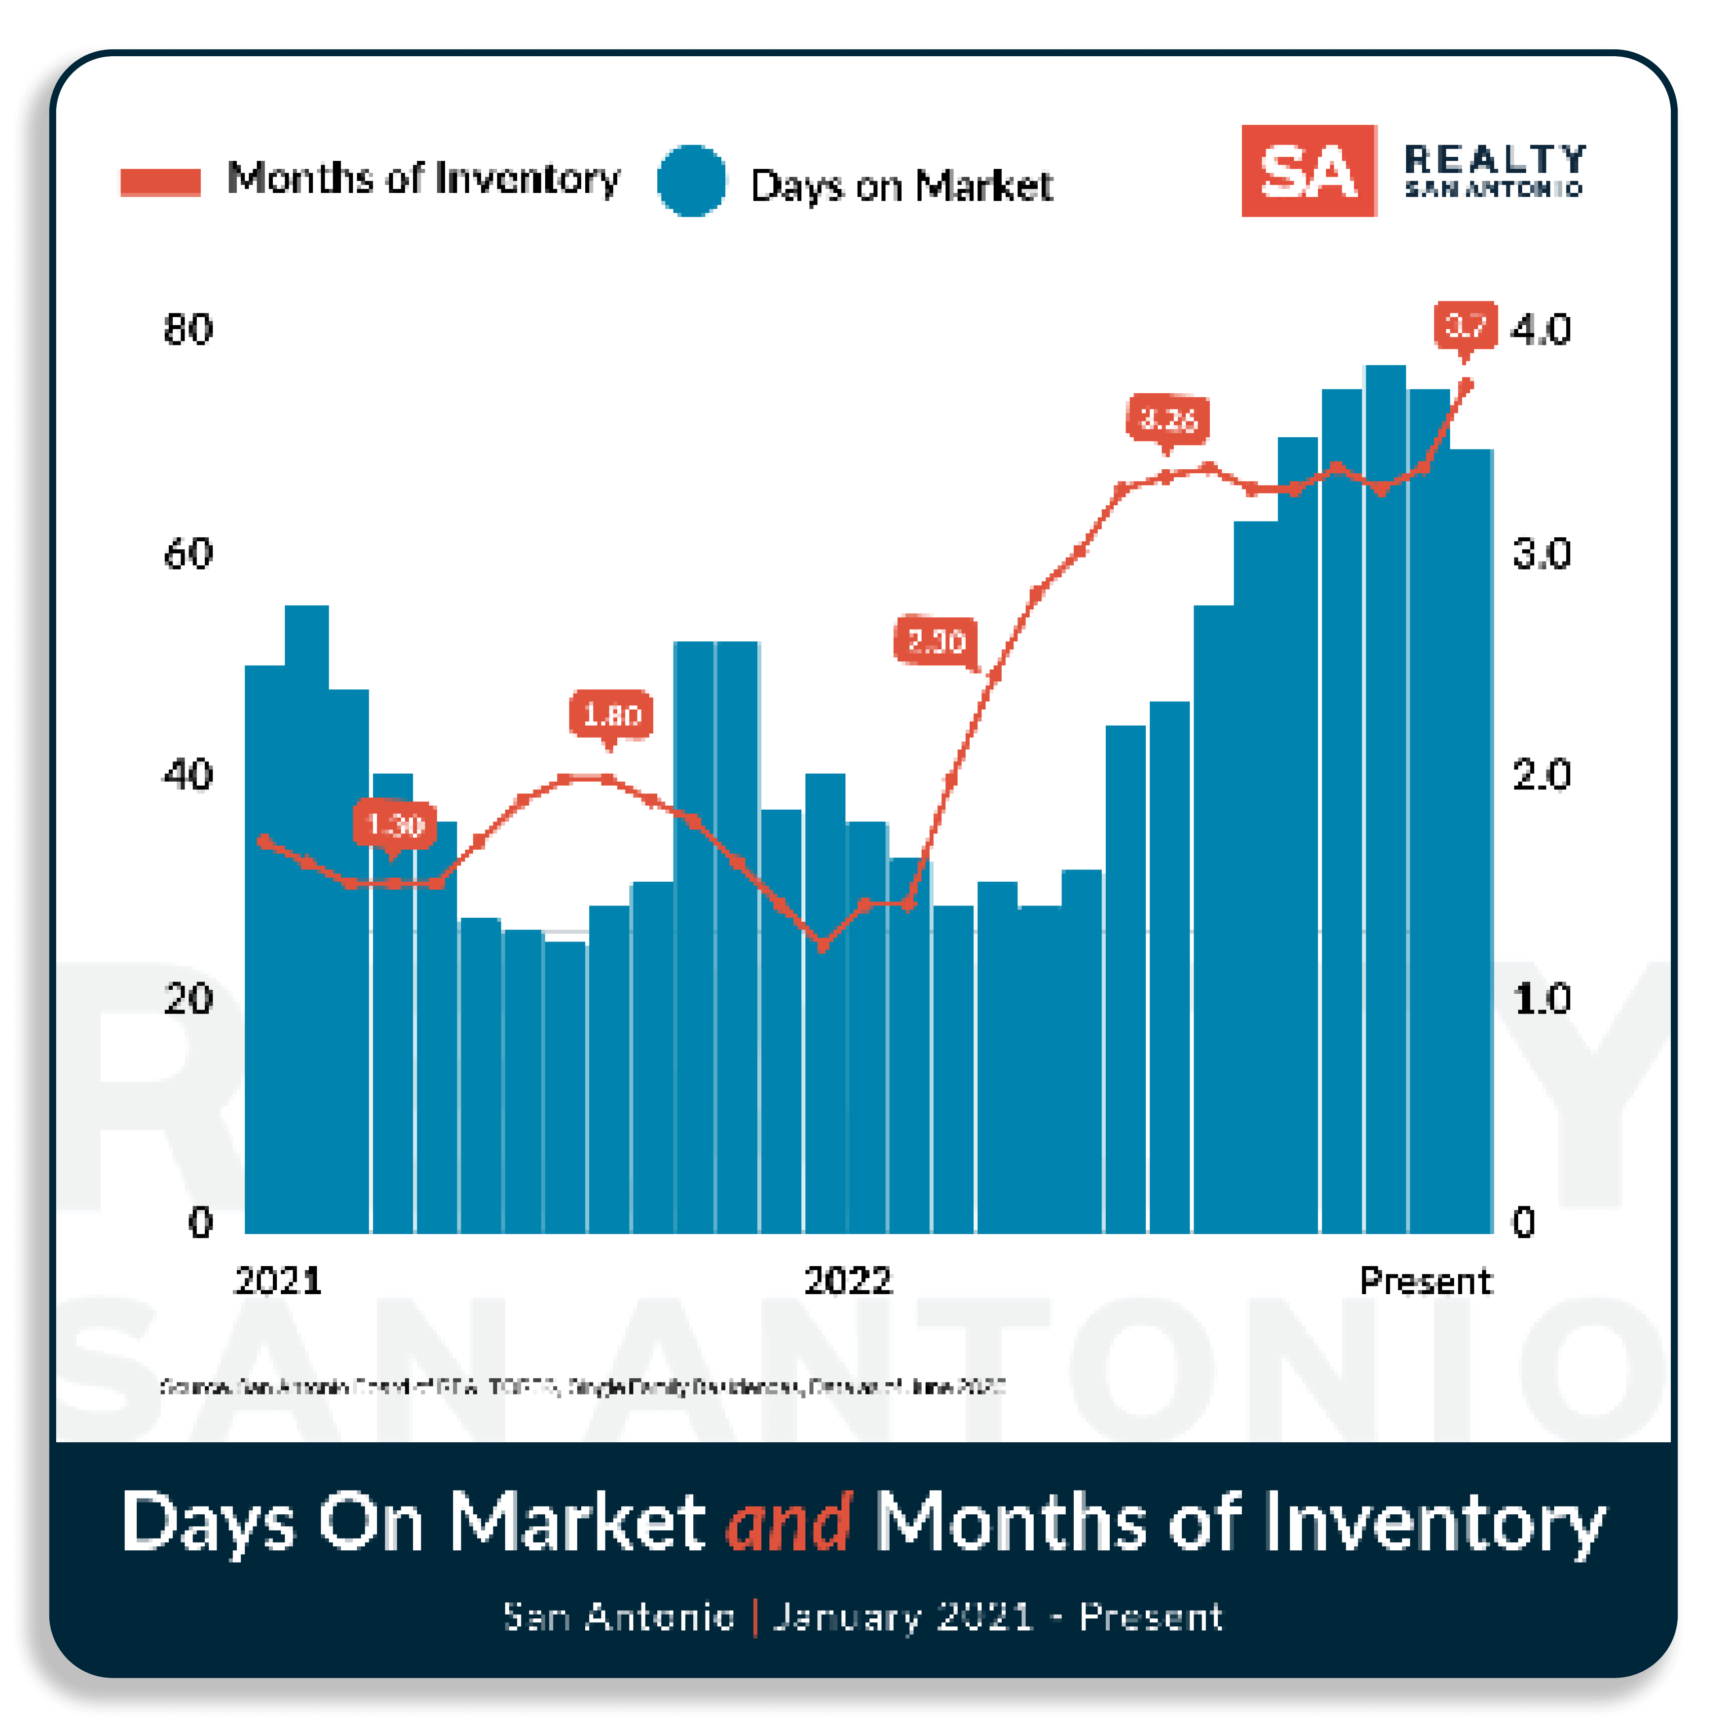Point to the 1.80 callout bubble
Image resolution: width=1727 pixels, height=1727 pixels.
tap(611, 714)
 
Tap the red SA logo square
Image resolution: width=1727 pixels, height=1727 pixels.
tap(1308, 171)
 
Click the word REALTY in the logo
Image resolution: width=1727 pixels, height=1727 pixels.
tap(1495, 159)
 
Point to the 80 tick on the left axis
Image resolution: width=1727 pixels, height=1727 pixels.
tap(188, 330)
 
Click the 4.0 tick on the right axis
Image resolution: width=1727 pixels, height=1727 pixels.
tap(1540, 330)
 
